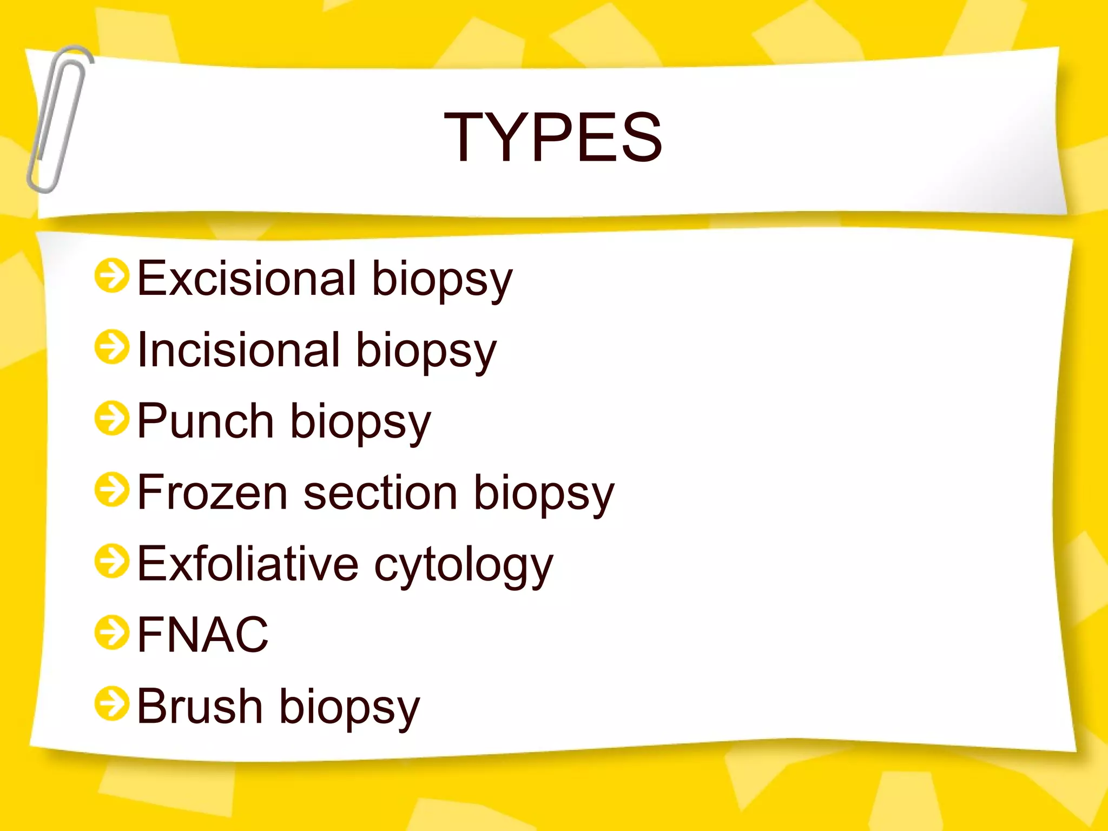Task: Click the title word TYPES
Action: click(553, 137)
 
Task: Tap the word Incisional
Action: click(239, 350)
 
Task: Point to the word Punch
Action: click(205, 421)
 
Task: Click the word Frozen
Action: click(212, 492)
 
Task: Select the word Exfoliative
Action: click(247, 564)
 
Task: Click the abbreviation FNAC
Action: click(203, 635)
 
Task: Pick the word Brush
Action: click(200, 706)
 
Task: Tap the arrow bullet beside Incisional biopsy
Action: click(112, 347)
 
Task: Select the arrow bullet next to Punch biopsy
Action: click(112, 418)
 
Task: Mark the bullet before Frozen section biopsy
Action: click(112, 490)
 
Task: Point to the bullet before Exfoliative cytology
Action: click(112, 561)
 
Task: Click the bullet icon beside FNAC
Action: click(112, 632)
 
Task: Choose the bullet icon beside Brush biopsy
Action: click(112, 704)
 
